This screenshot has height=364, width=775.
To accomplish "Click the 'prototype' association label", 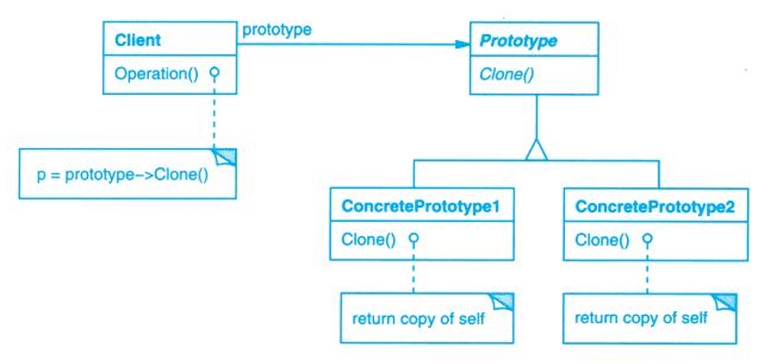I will [276, 30].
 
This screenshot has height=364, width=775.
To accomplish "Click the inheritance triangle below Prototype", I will [535, 151].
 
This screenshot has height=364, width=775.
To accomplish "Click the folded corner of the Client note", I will [227, 158].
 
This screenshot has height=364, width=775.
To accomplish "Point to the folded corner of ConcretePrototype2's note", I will [726, 301].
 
